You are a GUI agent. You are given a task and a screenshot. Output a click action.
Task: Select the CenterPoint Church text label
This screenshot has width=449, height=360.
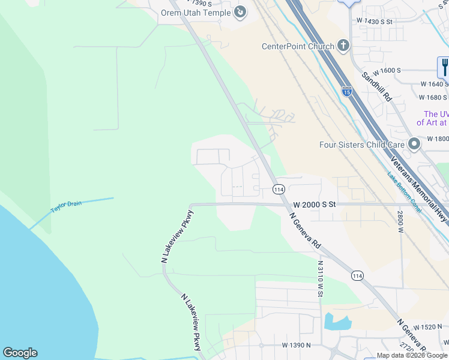click(298, 46)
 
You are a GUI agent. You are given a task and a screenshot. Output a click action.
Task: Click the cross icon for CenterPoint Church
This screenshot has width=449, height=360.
click(343, 46)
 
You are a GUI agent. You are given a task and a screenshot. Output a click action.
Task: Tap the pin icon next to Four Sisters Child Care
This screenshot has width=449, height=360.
click(413, 144)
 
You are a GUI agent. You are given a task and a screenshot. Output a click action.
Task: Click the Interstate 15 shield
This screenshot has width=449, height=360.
click(346, 91)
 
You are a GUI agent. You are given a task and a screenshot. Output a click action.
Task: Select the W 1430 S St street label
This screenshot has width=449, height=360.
click(374, 21)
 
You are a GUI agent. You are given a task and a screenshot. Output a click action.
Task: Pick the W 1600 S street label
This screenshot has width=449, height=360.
click(382, 70)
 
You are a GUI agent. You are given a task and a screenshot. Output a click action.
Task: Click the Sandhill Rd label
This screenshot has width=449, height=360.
click(376, 87)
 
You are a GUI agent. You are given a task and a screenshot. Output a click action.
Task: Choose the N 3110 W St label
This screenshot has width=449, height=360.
click(320, 278)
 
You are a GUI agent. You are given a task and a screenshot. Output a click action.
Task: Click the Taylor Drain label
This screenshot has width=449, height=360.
click(65, 206)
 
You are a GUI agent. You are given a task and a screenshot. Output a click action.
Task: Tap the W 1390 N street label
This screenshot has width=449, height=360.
click(297, 346)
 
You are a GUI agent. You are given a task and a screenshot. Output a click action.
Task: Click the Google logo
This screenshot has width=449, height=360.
click(20, 353)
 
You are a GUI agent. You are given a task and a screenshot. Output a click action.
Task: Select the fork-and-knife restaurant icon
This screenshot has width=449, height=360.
click(444, 66)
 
